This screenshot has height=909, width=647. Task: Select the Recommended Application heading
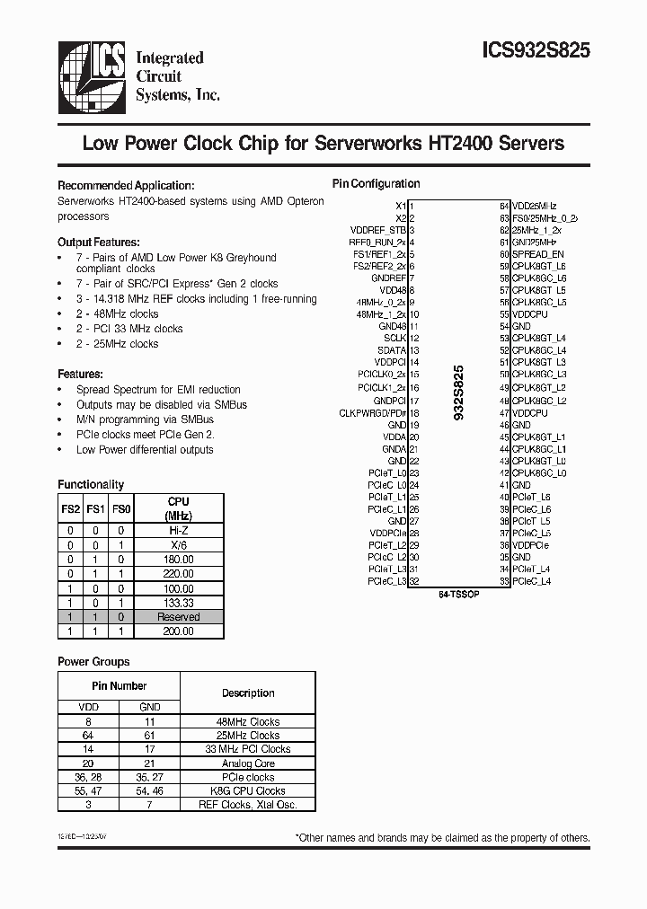point(125,184)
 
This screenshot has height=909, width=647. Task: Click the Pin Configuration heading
point(376,183)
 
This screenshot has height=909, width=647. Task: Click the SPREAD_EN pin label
point(539,254)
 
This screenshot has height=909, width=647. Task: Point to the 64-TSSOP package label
point(458,595)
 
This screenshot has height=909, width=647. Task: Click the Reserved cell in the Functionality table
point(179,617)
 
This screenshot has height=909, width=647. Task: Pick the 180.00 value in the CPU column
point(179,559)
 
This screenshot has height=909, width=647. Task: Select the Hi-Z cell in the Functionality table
point(179,530)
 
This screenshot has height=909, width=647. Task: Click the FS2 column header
point(70,508)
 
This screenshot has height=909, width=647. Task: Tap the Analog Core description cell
point(248,763)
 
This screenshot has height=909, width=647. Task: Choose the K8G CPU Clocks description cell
point(248,790)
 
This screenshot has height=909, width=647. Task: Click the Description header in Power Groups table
point(248,693)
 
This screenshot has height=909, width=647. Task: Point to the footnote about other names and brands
point(443,837)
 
